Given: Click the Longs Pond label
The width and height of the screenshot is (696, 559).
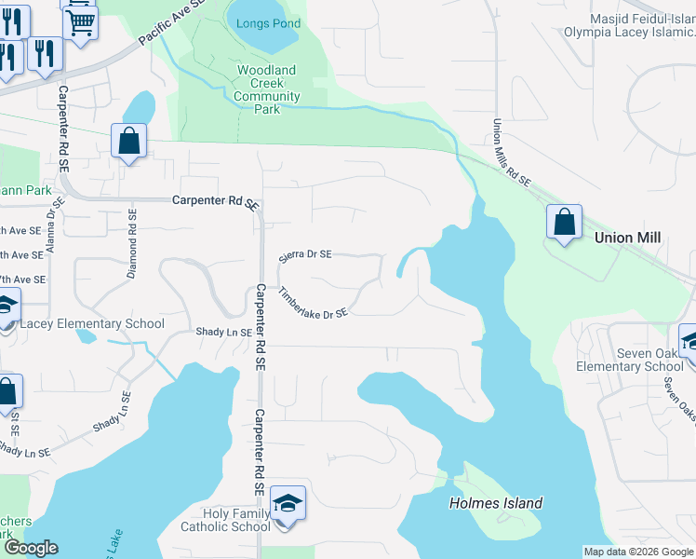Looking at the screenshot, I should click(266, 23).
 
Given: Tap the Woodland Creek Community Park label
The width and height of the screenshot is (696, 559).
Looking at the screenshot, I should click(266, 89).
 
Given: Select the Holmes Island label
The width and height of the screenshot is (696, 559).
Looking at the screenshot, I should click(496, 503).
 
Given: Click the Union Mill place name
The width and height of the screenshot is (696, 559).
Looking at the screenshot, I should click(627, 239).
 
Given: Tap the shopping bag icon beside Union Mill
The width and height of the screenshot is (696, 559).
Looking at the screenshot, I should click(564, 224).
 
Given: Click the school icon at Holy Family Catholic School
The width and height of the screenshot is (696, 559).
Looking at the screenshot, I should click(288, 505).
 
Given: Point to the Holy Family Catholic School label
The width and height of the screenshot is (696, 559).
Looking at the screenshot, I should click(237, 520).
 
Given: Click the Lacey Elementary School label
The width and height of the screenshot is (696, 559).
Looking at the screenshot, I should click(91, 324).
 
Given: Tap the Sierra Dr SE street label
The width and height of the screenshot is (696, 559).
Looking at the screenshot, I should click(305, 255).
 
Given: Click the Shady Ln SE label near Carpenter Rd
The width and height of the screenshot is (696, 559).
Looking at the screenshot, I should click(223, 332).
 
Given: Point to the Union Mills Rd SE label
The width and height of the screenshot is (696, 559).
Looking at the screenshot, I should click(510, 153).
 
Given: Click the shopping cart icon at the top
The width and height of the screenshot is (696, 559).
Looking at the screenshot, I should click(80, 20).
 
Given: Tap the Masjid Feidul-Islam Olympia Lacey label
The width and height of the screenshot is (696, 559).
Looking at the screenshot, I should click(629, 25).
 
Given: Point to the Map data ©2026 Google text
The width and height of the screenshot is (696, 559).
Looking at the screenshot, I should click(638, 552).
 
